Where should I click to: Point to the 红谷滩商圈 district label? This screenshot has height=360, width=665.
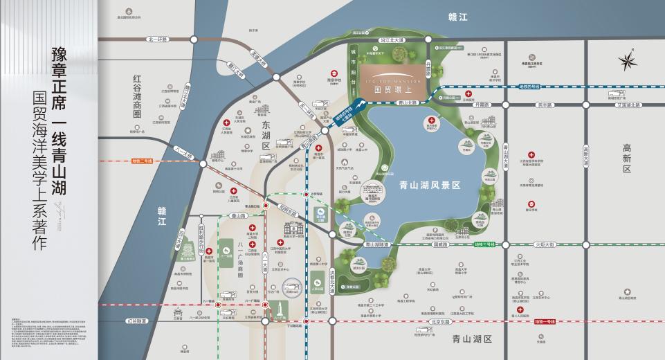click(138, 96)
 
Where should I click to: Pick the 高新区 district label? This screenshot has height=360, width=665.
click(626, 159)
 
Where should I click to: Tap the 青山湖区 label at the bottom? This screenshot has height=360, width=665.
click(471, 339)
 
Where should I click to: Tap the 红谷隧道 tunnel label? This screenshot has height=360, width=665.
click(137, 321)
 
